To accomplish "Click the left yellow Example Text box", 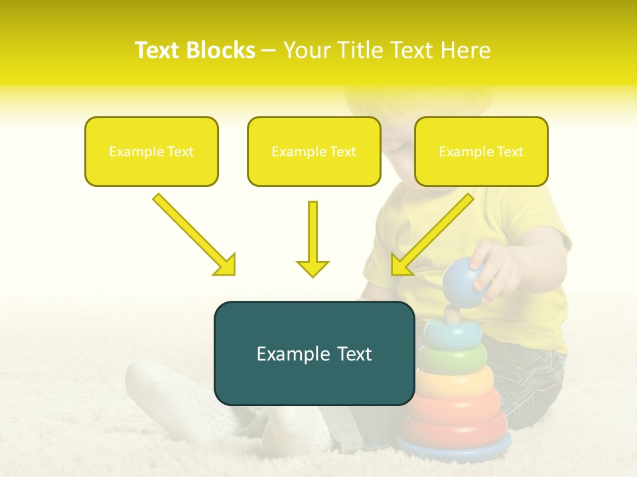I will [x=151, y=151].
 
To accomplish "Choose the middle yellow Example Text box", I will [x=314, y=151].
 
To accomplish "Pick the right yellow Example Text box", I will [x=481, y=151].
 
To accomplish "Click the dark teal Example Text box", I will [x=314, y=353].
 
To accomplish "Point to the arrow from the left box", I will [x=194, y=234].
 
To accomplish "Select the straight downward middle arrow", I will [x=313, y=238].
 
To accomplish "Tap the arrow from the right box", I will [x=432, y=234].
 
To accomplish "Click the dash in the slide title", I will [x=269, y=51].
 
